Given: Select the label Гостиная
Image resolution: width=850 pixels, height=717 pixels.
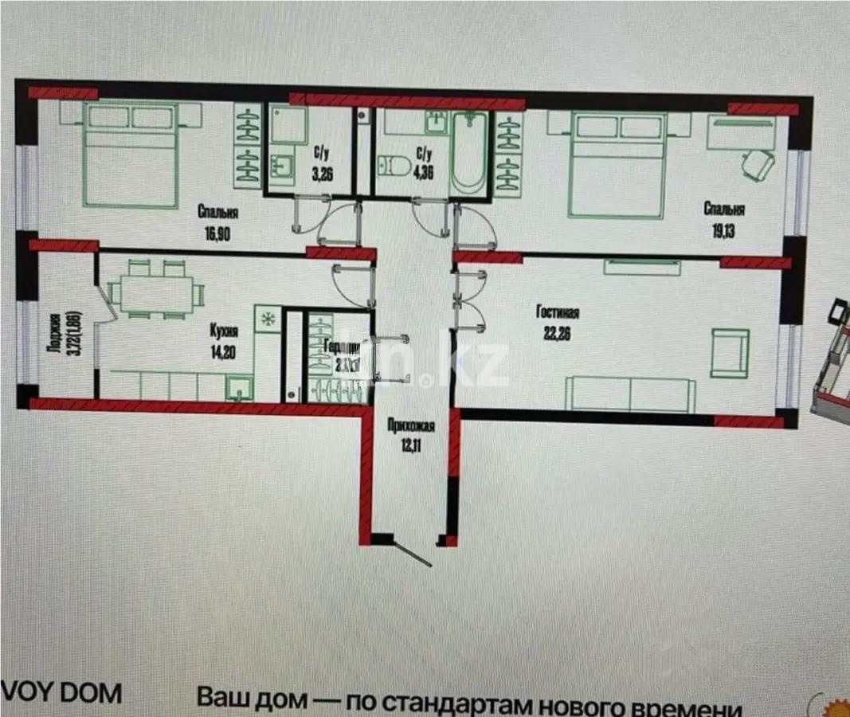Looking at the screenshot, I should pyautogui.click(x=557, y=312).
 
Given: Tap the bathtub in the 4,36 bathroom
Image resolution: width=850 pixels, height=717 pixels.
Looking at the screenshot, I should pyautogui.click(x=469, y=152).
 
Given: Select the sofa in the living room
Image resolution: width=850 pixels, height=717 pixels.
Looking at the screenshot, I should pyautogui.click(x=630, y=394).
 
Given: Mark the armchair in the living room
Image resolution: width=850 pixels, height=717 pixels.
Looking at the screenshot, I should pyautogui.click(x=730, y=352).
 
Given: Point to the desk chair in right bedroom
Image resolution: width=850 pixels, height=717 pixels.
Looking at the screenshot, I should pyautogui.click(x=758, y=166).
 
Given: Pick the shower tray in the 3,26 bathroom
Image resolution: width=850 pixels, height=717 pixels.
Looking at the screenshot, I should pyautogui.click(x=288, y=126).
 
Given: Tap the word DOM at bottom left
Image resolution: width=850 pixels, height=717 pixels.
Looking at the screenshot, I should pyautogui.click(x=90, y=694).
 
